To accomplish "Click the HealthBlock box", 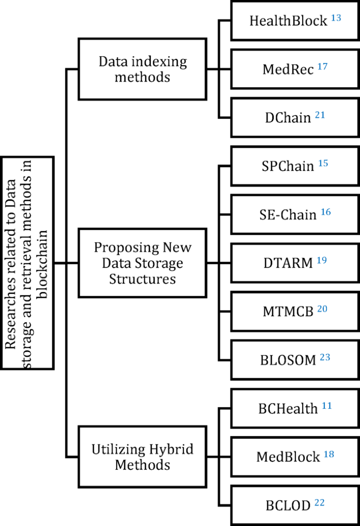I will point(295,21).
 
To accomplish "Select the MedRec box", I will point(295,69).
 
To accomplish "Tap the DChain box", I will point(295,117).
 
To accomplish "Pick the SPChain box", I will point(295,166).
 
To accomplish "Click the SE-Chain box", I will point(295,214).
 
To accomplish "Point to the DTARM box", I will point(295,262).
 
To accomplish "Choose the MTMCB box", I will point(295,311).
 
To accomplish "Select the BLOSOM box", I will point(295,359).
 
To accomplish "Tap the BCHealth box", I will point(295,408).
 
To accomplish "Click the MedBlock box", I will point(295,456).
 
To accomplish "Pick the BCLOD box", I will point(295,505).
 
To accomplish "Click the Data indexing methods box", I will point(142,69).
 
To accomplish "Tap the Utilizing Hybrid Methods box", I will point(142,457).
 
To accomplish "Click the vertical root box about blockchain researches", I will point(27,263).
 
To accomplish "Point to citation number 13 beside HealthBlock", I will point(336,18).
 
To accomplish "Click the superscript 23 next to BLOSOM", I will point(325,357).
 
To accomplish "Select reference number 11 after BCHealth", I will point(327,405).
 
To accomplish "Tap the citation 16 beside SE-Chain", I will point(326,211).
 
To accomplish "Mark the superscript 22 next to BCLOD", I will point(320,502).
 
